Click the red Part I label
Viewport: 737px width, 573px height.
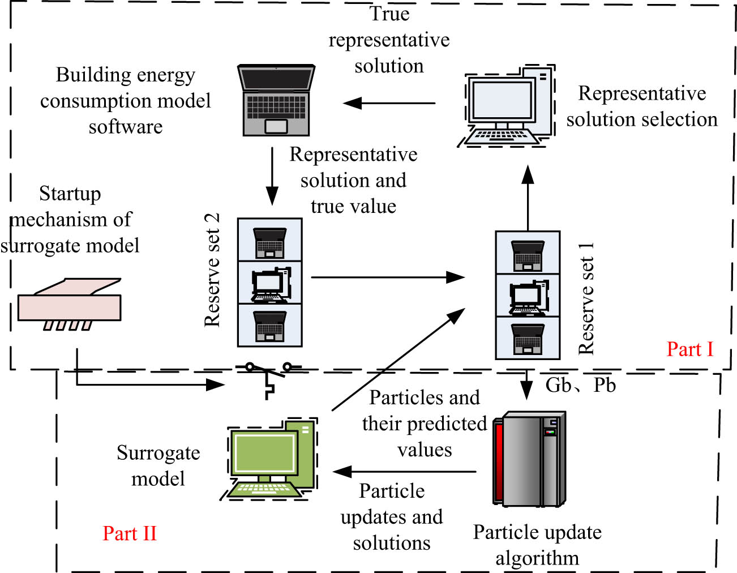pos(689,349)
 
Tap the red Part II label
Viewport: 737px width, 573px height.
pos(129,533)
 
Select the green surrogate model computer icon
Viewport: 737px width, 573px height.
pos(271,459)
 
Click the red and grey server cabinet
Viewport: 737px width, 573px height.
pos(529,459)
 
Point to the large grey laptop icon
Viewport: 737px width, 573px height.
pos(276,100)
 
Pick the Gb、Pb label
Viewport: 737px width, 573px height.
pos(580,385)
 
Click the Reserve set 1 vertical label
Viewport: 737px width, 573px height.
pos(586,298)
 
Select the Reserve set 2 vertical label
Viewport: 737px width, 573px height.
pos(212,270)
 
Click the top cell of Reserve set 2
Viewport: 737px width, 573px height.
pos(269,240)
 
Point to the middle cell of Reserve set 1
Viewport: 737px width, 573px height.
pos(528,296)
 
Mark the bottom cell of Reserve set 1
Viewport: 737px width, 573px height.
pos(528,338)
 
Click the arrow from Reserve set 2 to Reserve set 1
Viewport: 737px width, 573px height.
pos(388,277)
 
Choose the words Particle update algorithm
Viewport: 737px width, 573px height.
pos(537,545)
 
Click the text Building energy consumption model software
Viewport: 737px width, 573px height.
pos(125,100)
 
